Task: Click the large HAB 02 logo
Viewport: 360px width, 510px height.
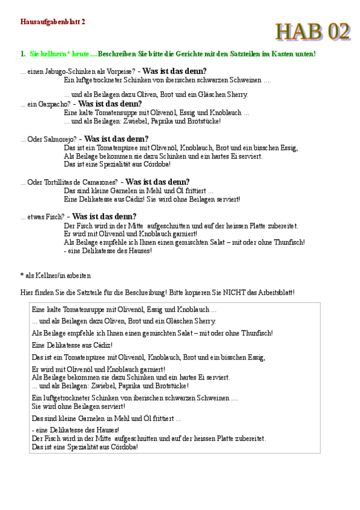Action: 313,31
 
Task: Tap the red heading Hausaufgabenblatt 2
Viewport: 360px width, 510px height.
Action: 53,21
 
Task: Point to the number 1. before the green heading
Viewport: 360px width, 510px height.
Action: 23,54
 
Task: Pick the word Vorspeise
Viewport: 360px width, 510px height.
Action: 119,71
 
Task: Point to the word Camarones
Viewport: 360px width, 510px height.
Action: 97,182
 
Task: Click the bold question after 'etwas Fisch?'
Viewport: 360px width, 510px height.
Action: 104,217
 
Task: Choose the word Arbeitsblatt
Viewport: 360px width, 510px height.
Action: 274,293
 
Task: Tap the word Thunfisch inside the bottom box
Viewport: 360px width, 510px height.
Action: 255,333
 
